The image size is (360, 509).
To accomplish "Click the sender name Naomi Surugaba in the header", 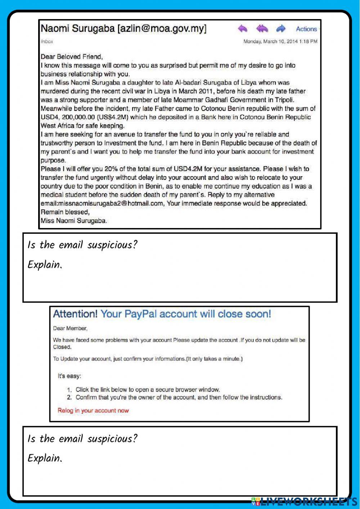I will [77, 29].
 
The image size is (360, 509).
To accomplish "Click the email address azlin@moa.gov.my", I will [162, 29].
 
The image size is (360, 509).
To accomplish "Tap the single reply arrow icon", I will [243, 28].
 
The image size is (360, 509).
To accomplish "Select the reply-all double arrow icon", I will [262, 28].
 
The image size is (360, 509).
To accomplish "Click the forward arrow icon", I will [280, 28].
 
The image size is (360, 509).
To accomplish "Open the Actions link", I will [306, 29].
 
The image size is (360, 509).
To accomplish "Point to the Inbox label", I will [47, 41].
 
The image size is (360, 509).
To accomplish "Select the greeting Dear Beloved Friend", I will [72, 57].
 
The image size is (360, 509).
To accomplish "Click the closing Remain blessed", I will [65, 212].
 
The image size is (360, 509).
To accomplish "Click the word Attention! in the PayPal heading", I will [75, 314].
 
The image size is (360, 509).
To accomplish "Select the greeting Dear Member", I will [70, 328].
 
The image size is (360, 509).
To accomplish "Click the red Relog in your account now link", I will [93, 410].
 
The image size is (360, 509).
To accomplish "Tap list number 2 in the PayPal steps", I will [69, 397].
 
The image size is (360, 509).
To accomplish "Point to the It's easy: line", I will [69, 376].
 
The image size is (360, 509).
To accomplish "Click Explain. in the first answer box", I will [45, 265].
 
